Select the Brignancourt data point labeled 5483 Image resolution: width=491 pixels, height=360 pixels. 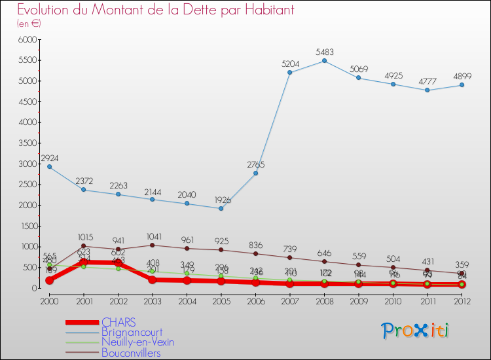324,61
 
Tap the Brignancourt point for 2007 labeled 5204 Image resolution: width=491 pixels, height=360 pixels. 290,72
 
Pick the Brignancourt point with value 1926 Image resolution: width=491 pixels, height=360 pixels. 221,208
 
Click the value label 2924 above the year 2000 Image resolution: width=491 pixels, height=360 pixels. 50,158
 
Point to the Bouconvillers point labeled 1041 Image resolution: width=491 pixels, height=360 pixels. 152,245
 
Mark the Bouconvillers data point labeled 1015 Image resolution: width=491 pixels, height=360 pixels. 84,246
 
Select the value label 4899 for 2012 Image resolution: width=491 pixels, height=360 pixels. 462,77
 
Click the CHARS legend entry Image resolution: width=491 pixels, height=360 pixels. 118,322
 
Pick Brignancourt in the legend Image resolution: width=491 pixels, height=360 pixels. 132,333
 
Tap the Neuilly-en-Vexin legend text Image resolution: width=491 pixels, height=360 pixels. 137,342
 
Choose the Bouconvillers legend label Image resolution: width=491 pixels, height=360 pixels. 131,353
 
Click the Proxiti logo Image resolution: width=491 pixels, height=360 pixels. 416,331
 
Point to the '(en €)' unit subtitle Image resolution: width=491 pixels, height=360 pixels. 29,24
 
